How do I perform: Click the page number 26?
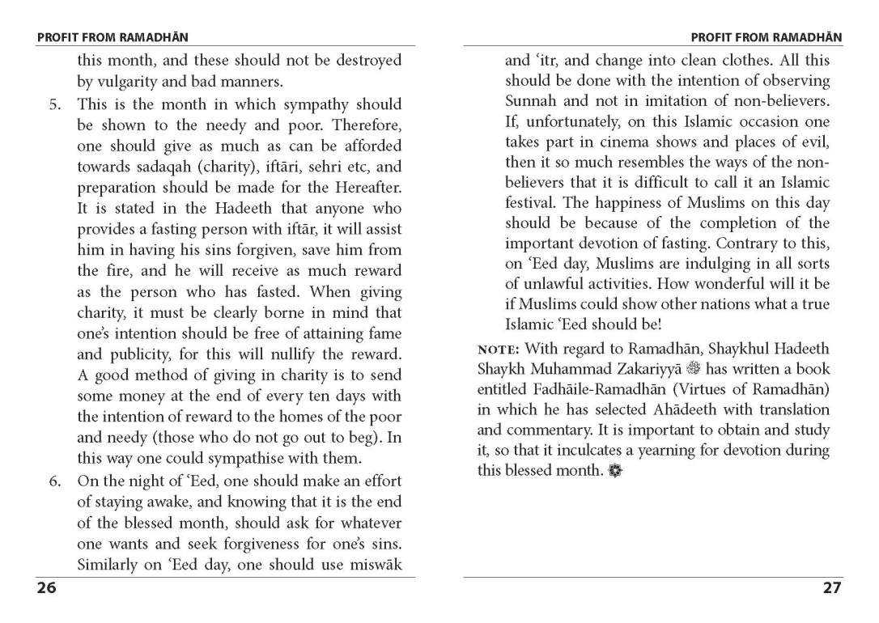tap(46, 588)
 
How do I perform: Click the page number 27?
tap(832, 588)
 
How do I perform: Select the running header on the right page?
tap(766, 37)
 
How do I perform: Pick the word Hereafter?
tap(365, 187)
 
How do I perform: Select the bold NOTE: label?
tap(499, 350)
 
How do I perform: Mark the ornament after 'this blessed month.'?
tap(615, 471)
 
